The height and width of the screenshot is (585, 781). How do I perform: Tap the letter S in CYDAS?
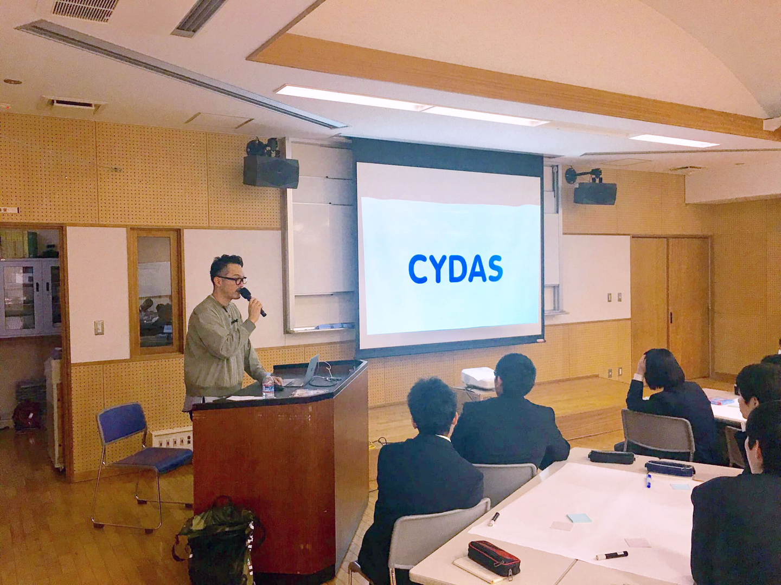[492, 269]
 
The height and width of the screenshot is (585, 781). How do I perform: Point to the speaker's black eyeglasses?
[232, 280]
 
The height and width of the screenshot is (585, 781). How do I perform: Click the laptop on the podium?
[303, 371]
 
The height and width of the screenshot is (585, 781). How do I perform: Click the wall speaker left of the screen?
[271, 172]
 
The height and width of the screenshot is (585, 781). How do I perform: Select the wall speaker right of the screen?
[595, 192]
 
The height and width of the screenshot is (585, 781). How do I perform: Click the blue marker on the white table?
[649, 481]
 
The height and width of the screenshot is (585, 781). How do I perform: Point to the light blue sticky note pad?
[579, 518]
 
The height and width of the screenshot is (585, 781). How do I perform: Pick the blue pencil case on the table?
[670, 468]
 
